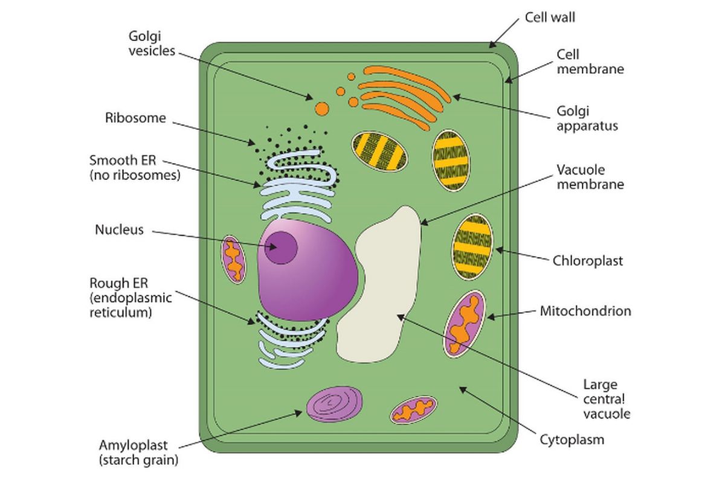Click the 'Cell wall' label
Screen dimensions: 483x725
pos(549,17)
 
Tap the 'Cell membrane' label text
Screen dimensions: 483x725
pos(590,62)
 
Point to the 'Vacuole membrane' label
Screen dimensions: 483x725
pos(589,177)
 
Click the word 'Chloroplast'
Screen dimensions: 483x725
pos(587,261)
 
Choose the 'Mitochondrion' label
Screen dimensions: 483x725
pos(585,312)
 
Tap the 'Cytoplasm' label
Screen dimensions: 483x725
pos(572,440)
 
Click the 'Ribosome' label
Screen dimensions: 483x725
pos(135,118)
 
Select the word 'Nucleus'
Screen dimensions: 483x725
pos(119,229)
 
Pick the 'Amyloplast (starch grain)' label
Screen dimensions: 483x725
pos(138,453)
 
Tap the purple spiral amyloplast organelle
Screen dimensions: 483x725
pos(335,403)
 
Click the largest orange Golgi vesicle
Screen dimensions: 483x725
pos(322,109)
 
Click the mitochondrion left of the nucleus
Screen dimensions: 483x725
pos(233,260)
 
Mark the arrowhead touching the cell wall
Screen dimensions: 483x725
pos(492,45)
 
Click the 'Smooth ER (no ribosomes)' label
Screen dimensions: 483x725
pos(135,168)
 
